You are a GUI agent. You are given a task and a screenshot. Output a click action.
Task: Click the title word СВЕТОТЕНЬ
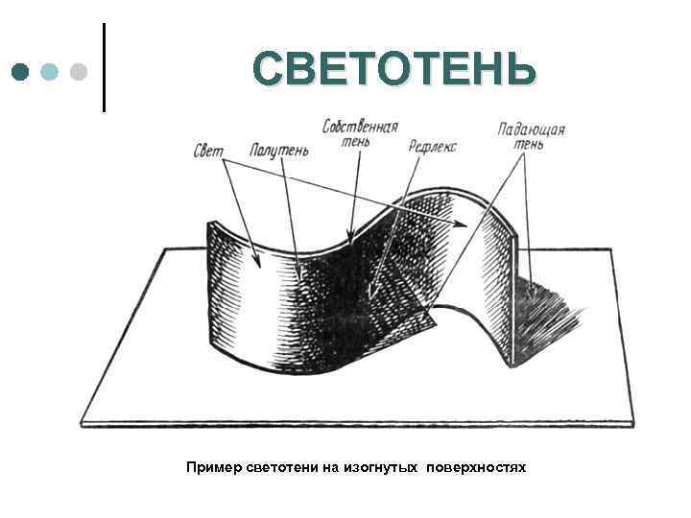pyautogui.click(x=394, y=70)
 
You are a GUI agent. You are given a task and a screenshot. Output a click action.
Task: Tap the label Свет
pyautogui.click(x=208, y=152)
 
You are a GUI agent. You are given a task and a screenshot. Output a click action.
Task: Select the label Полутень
pyautogui.click(x=279, y=152)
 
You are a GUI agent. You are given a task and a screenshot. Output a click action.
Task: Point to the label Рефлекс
pyautogui.click(x=433, y=147)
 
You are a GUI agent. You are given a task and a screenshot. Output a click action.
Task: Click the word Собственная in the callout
pyautogui.click(x=361, y=127)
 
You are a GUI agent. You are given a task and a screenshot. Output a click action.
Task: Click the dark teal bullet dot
pyautogui.click(x=22, y=72)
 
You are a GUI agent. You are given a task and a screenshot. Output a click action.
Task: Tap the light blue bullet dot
pyautogui.click(x=51, y=72)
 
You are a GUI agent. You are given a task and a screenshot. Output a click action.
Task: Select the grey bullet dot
pyautogui.click(x=79, y=72)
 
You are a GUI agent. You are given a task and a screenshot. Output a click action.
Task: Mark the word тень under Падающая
pyautogui.click(x=529, y=144)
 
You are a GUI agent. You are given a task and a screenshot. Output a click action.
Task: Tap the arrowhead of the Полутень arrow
pyautogui.click(x=301, y=278)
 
